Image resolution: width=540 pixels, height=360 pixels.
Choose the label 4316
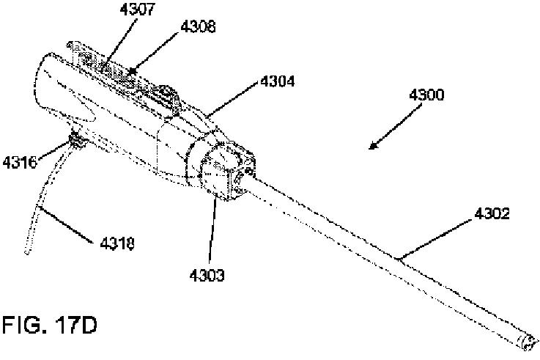[22, 161]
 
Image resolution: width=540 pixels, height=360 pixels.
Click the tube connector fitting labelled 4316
[75, 139]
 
